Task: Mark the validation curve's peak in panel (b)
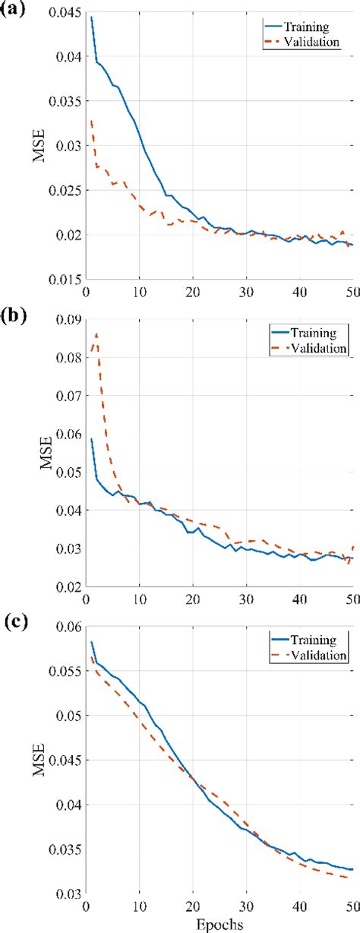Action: click(96, 334)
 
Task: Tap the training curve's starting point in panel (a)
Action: click(91, 17)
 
